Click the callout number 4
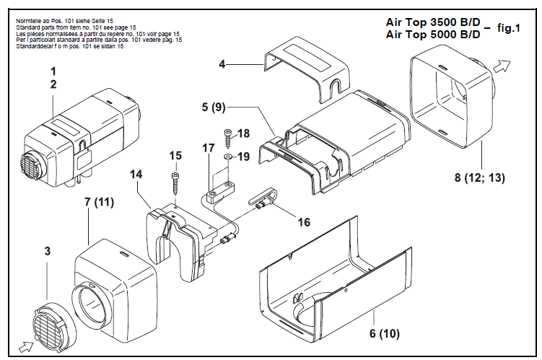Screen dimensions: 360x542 tap(223, 65)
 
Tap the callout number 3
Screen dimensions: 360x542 tap(47, 252)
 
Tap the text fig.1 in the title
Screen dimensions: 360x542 tap(507, 29)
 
